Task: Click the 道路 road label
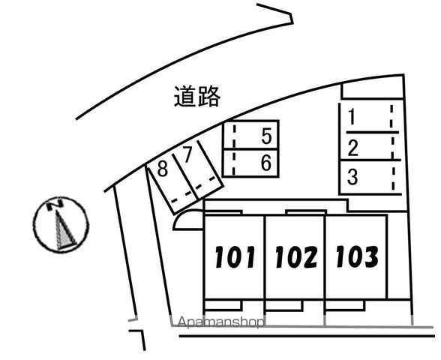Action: (196, 97)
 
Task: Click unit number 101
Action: (235, 256)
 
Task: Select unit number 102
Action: (296, 256)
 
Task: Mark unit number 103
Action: (357, 256)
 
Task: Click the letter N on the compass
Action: (55, 204)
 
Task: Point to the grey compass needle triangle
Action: (64, 232)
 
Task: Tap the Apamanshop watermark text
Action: (221, 322)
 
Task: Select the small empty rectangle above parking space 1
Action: (372, 91)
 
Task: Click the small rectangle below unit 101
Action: (223, 304)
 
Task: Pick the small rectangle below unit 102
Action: (284, 305)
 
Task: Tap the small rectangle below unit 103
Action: (345, 305)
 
